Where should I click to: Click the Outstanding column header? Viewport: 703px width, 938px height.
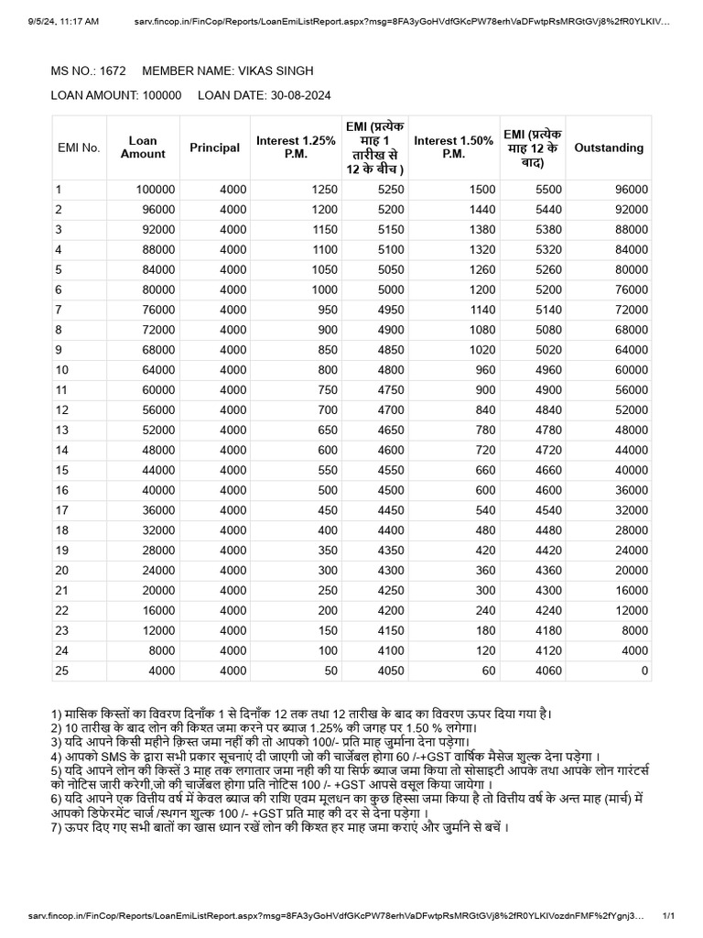[x=608, y=147]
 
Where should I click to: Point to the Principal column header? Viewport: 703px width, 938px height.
[x=215, y=147]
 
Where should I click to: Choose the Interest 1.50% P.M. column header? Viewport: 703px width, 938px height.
[x=453, y=147]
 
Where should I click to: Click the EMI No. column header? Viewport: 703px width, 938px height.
[x=79, y=147]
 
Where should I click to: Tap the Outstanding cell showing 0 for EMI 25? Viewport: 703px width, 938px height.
[x=644, y=671]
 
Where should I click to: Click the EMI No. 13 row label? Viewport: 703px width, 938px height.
[x=62, y=430]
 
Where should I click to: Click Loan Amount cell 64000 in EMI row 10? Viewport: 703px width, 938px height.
[x=156, y=369]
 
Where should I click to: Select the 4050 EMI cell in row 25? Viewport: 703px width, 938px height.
[x=389, y=671]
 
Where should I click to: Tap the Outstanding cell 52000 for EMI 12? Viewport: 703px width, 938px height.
[x=631, y=409]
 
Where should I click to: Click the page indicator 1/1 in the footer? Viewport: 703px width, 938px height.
[x=667, y=915]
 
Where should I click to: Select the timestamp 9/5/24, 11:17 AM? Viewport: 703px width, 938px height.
[x=63, y=19]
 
